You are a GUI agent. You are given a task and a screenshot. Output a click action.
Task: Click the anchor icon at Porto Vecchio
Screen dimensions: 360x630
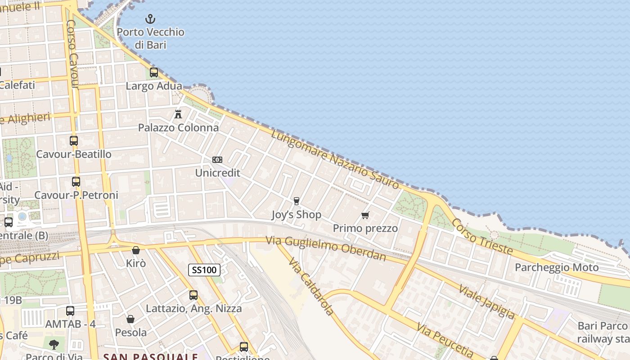(150, 19)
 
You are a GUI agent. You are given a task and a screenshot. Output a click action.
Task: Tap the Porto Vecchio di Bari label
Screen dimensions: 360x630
(150, 38)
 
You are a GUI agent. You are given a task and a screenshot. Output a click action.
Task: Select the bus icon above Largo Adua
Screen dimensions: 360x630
(154, 72)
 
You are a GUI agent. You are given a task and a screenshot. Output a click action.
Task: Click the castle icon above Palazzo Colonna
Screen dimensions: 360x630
(178, 114)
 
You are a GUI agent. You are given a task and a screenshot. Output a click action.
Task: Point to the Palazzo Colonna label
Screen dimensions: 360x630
(178, 128)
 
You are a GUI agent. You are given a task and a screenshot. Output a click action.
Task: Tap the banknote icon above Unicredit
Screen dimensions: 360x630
(217, 160)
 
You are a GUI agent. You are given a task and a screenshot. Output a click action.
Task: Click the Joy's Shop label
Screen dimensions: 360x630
(297, 215)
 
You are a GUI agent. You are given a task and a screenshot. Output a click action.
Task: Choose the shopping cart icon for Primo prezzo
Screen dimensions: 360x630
(365, 215)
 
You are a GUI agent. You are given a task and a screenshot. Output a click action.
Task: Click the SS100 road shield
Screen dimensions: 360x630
(204, 270)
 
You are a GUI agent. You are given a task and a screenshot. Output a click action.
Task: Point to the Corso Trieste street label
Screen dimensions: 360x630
(482, 236)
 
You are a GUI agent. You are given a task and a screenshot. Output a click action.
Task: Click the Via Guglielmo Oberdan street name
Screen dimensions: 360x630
(326, 248)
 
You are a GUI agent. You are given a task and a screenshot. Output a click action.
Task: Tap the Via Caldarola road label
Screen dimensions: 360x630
(311, 286)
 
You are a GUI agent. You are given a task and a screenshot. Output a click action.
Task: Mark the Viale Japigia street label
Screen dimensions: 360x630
(486, 301)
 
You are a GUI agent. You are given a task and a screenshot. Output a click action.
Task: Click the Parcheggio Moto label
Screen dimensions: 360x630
(557, 268)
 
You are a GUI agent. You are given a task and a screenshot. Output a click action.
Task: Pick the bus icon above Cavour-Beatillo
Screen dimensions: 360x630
(74, 141)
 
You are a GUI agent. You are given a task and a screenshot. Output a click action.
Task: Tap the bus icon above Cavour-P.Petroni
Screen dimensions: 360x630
(76, 182)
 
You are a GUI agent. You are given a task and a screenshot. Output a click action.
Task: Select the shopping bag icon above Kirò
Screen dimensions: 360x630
(136, 250)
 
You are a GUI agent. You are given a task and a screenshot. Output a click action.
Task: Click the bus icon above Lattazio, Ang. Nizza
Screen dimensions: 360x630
(193, 295)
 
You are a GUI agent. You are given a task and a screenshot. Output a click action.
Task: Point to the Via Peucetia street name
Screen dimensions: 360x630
(445, 340)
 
